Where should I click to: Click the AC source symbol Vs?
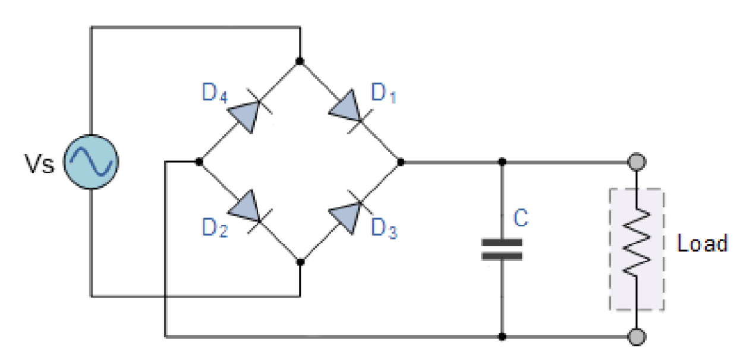point(91,161)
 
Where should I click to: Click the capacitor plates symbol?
point(502,250)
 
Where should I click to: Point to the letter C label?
point(521,219)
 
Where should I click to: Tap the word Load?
point(703,244)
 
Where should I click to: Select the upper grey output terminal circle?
point(637,161)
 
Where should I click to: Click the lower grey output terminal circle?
point(637,337)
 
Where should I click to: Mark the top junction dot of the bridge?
point(300,61)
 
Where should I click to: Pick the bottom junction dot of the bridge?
point(300,261)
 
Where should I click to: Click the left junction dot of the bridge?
point(199,161)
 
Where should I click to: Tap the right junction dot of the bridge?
point(401,161)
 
